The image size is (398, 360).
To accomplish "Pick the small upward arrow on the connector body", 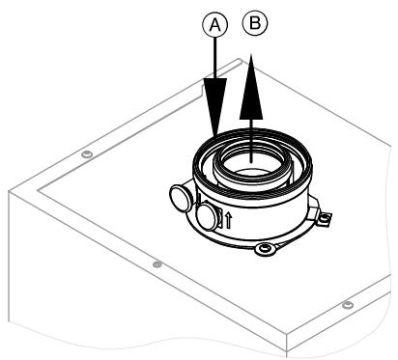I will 228,219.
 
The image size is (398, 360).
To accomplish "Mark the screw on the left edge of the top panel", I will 86,154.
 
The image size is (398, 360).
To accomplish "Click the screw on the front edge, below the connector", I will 157,263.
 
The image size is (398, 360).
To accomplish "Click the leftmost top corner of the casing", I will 9,190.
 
